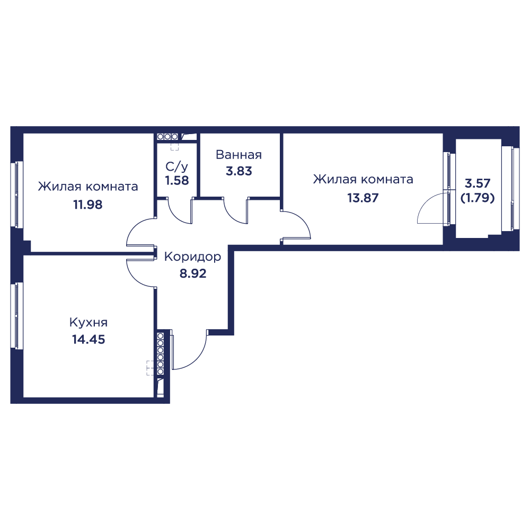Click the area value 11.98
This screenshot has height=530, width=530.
pyautogui.click(x=88, y=205)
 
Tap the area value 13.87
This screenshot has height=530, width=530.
pyautogui.click(x=363, y=197)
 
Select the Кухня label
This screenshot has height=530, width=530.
pyautogui.click(x=88, y=322)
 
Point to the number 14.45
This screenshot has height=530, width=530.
pyautogui.click(x=89, y=339)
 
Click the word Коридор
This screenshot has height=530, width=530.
pyautogui.click(x=193, y=257)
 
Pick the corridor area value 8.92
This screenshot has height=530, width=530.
pyautogui.click(x=193, y=273)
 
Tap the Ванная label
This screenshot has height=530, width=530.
pyautogui.click(x=238, y=155)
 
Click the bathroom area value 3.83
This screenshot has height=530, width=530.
pyautogui.click(x=239, y=171)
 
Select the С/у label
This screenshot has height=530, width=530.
pyautogui.click(x=177, y=166)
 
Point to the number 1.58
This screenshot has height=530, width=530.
pyautogui.click(x=177, y=181)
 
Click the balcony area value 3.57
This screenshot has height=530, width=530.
pyautogui.click(x=478, y=183)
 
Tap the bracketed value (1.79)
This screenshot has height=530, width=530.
pyautogui.click(x=478, y=198)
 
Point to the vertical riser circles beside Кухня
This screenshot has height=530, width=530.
pyautogui.click(x=161, y=354)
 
